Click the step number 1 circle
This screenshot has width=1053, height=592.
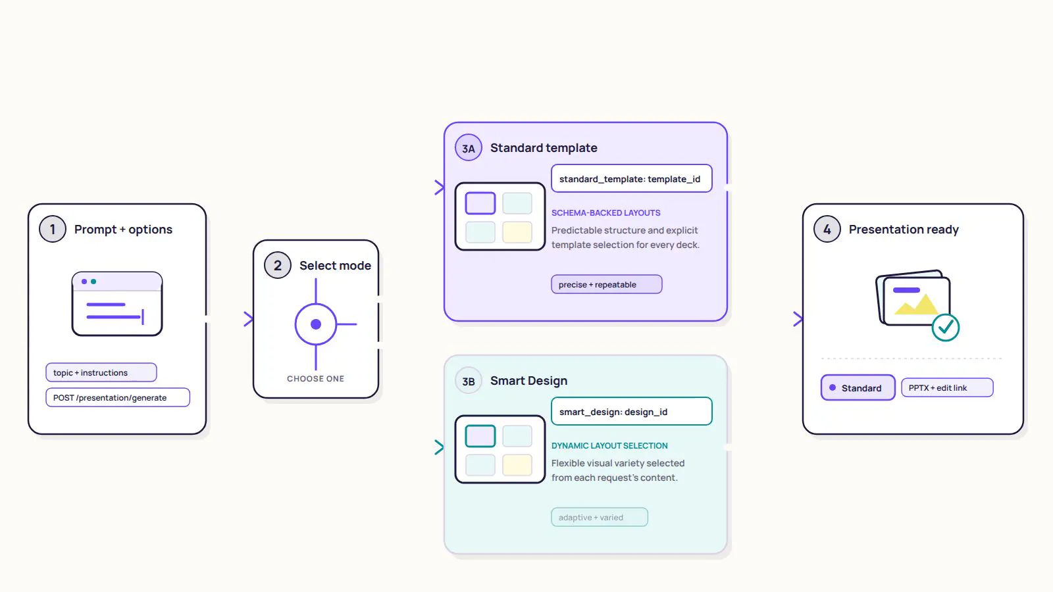click(52, 229)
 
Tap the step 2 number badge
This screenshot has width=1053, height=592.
click(277, 265)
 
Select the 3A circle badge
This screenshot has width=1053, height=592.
click(468, 147)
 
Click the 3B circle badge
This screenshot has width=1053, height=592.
click(468, 381)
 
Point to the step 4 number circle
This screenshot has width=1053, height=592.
click(827, 229)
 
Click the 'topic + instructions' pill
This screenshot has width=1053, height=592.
click(101, 372)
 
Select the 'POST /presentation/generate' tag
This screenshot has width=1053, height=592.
click(118, 397)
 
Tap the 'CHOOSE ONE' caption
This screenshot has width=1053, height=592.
click(315, 379)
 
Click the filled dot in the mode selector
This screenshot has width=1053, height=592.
click(316, 324)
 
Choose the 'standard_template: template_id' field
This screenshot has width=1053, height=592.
click(631, 178)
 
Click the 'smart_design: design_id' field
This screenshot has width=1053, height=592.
click(631, 412)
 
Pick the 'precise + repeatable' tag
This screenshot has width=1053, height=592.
click(606, 284)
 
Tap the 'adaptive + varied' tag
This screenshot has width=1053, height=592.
click(600, 517)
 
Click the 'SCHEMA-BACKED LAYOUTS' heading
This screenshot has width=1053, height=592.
click(605, 213)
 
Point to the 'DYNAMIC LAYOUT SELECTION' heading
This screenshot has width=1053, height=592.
click(609, 445)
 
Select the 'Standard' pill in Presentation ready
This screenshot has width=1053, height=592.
click(858, 387)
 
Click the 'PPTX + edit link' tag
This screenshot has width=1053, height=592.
click(947, 387)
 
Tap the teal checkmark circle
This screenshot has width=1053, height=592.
click(945, 328)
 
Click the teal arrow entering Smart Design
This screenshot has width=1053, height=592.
click(439, 447)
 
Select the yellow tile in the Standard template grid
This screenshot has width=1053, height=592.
click(517, 232)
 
